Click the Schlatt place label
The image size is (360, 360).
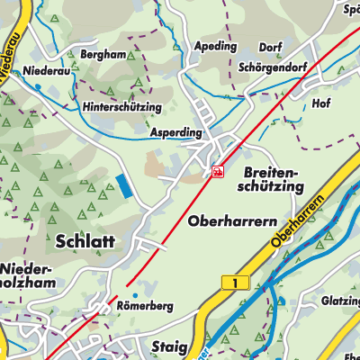pyautogui.click(x=85, y=241)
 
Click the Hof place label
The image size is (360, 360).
pyautogui.click(x=321, y=103)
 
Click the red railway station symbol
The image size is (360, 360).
pyautogui.click(x=217, y=171)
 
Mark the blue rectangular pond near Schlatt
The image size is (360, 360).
pyautogui.click(x=122, y=187)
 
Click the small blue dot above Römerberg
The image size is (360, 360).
pyautogui.click(x=133, y=294)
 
